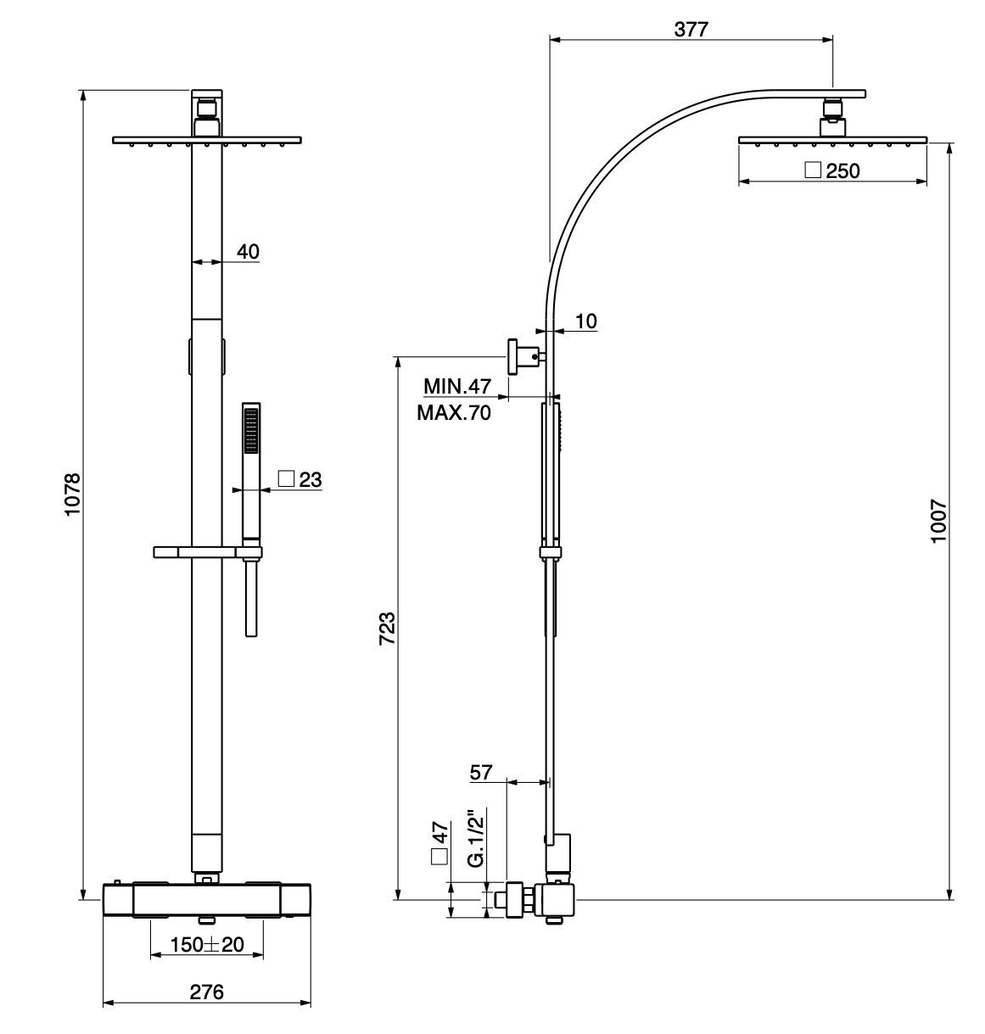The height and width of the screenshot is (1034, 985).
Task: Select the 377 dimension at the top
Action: pos(691,28)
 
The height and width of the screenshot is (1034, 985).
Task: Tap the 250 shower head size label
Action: pos(842,170)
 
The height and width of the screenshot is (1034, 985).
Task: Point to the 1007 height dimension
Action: pos(938,521)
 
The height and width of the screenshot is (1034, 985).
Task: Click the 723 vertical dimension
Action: pos(387,629)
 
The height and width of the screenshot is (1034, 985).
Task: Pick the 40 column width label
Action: pos(248,251)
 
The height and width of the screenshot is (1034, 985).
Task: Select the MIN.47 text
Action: pos(457,387)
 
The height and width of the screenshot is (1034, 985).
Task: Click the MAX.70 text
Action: pos(454,414)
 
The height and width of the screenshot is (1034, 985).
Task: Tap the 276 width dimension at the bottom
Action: pos(206,992)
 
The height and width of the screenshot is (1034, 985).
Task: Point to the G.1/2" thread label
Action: pos(477,838)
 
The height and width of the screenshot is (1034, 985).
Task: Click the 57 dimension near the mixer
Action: pos(481,772)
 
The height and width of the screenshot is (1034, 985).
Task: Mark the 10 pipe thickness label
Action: pos(586,321)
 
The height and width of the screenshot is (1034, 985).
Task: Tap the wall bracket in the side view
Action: pos(519,356)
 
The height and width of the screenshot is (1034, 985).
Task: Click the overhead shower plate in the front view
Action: pos(207,139)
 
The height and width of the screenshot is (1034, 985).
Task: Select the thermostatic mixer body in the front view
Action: pos(206,899)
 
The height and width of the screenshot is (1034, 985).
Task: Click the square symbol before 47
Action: pos(439,855)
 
